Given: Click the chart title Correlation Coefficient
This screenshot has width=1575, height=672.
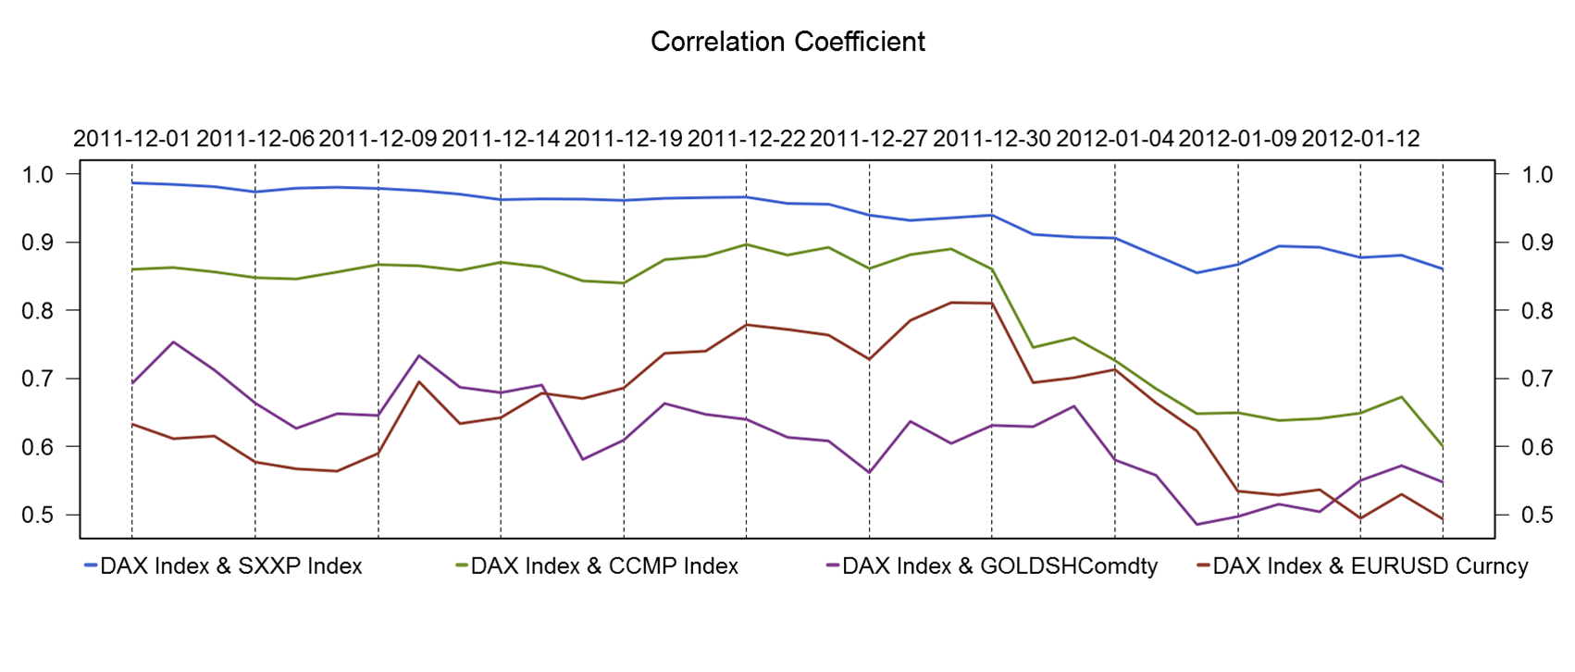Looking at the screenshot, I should (x=787, y=42).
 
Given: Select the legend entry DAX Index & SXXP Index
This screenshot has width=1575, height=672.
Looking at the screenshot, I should (x=230, y=566).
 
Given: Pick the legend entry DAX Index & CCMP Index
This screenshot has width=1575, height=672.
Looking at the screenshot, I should (x=603, y=566).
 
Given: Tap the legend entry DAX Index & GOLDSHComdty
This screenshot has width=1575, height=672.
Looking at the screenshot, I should (x=999, y=566).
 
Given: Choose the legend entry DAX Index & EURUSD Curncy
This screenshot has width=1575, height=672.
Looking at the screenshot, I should (x=1370, y=566).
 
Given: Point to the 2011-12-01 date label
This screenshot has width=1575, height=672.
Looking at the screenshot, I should (x=131, y=139).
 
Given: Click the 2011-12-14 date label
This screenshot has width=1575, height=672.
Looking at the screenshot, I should (x=501, y=139).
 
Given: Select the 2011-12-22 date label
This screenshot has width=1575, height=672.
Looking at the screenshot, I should (x=746, y=139).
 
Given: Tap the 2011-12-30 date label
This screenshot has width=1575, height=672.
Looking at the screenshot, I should (x=992, y=139).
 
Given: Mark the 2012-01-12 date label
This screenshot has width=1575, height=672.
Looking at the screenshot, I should (x=1360, y=139).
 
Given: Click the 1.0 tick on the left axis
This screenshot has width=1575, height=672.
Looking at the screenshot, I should (x=40, y=174).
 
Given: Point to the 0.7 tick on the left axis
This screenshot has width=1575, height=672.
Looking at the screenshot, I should (x=40, y=379).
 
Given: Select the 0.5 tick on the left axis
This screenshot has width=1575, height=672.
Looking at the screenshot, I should (x=40, y=515).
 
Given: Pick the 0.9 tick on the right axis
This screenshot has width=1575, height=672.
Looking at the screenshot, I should (x=1537, y=243).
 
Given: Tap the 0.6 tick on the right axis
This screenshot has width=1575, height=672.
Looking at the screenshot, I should (x=1537, y=447).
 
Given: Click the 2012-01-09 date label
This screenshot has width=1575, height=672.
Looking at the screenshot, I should (x=1237, y=139).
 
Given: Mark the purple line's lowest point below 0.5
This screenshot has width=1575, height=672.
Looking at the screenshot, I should (x=1197, y=525).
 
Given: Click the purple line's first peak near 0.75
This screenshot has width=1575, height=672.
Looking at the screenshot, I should (x=174, y=342).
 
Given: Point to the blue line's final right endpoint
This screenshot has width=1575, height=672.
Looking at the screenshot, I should (x=1443, y=269).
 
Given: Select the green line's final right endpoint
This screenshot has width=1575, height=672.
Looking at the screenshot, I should (x=1443, y=447).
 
